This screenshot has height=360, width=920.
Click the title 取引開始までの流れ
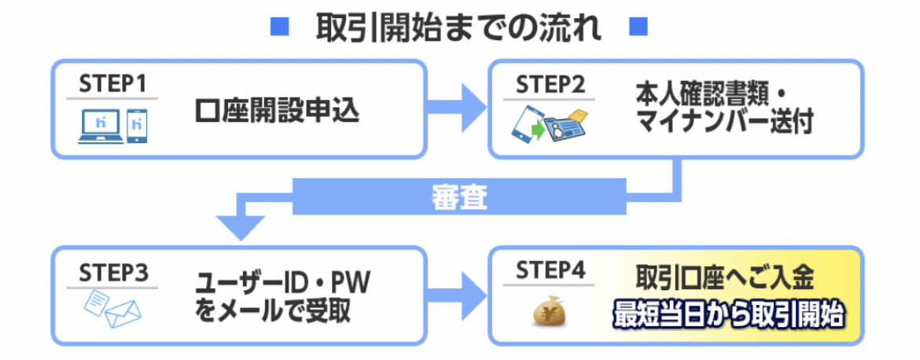point(458,28)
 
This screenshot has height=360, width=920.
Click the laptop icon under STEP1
point(101,127)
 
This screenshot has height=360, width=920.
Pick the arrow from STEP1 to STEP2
point(454,108)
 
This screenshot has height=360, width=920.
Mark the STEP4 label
point(550,271)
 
